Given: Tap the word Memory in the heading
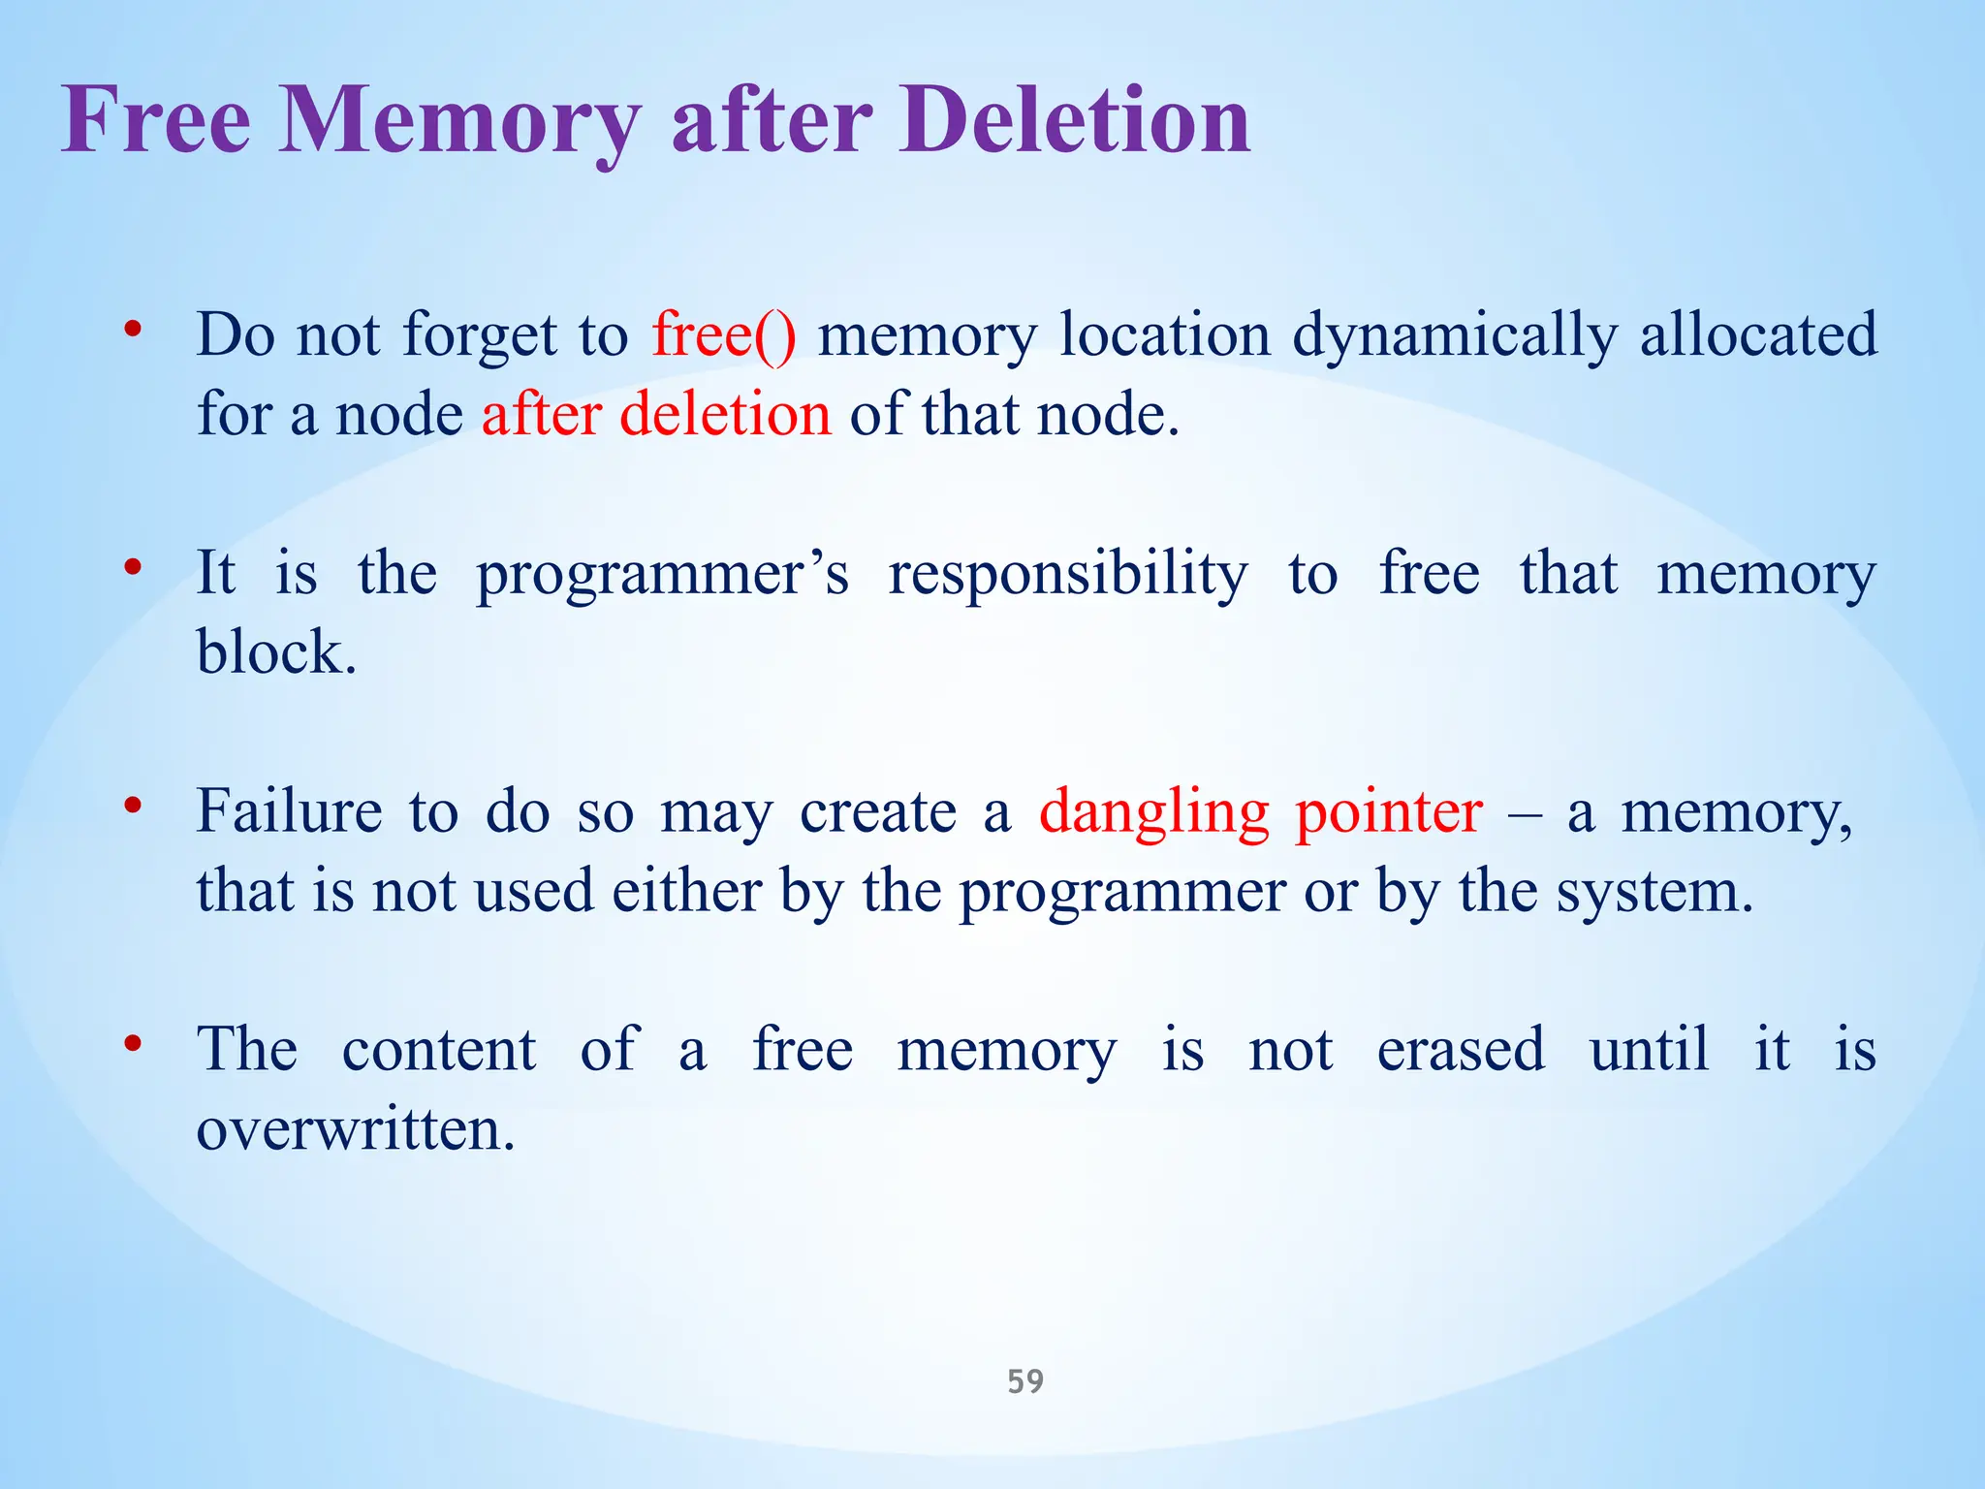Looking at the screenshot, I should pyautogui.click(x=460, y=122).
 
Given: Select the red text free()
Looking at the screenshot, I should pyautogui.click(x=723, y=335).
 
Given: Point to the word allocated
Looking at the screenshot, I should pyautogui.click(x=1758, y=335).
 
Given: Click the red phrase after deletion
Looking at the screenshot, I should pyautogui.click(x=656, y=415).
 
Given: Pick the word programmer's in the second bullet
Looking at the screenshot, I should pyautogui.click(x=662, y=575).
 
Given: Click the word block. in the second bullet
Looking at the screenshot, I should pyautogui.click(x=276, y=652).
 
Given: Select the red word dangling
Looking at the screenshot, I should pyautogui.click(x=1153, y=812).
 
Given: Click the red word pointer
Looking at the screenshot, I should pyautogui.click(x=1388, y=812).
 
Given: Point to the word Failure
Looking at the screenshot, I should pyautogui.click(x=289, y=812).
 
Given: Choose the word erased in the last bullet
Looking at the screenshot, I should pyautogui.click(x=1461, y=1050).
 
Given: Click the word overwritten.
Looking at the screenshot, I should pyautogui.click(x=355, y=1130).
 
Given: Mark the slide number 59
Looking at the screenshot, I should pyautogui.click(x=1025, y=1381).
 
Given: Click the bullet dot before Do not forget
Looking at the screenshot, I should pyautogui.click(x=134, y=330).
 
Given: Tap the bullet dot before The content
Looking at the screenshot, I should pyautogui.click(x=134, y=1044).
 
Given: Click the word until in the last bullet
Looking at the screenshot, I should pyautogui.click(x=1649, y=1050).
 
